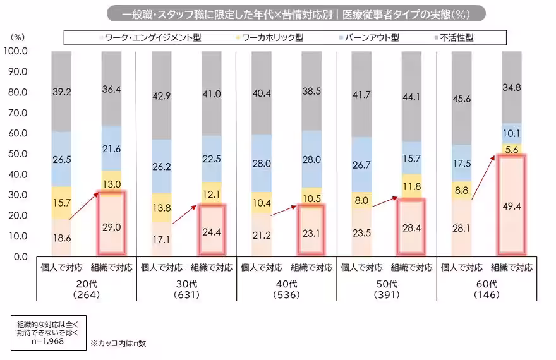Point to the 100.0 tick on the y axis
click(15, 51)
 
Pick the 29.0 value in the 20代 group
click(112, 225)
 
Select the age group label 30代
click(184, 284)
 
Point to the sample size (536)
click(284, 294)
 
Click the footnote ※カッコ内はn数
click(118, 344)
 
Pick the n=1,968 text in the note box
click(47, 341)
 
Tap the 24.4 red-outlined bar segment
click(211, 231)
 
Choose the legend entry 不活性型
click(459, 38)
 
